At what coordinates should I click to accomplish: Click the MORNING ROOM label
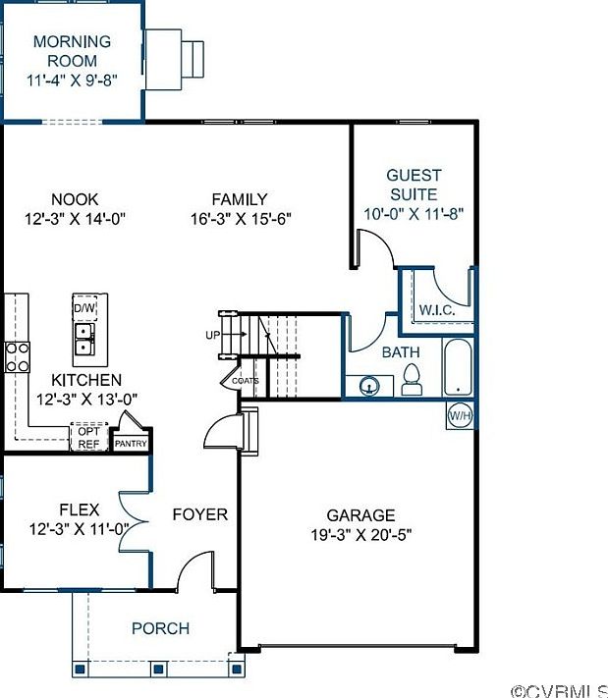point(72,51)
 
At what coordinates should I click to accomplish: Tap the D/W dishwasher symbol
point(84,307)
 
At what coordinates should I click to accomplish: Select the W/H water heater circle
point(460,416)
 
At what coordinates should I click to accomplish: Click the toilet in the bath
point(412,380)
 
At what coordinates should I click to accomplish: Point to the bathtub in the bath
point(458,367)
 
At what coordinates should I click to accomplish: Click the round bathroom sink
point(369,386)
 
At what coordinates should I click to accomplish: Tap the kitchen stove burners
point(18,357)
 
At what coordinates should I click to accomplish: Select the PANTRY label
point(131,444)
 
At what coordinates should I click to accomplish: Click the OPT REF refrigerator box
point(89,437)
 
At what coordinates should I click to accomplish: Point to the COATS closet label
point(246,381)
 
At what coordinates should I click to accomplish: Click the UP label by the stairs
point(213,335)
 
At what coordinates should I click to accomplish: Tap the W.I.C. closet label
point(437,310)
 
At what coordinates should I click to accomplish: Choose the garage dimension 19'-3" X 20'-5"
point(360,535)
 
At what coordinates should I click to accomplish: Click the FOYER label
point(200,514)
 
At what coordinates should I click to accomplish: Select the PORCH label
point(161,628)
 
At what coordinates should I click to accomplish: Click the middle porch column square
point(158,669)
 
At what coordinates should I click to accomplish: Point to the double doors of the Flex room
point(134,521)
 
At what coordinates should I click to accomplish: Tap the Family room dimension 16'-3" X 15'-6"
point(241,219)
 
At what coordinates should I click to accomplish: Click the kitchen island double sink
point(84,340)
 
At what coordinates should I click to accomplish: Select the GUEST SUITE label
point(414,185)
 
